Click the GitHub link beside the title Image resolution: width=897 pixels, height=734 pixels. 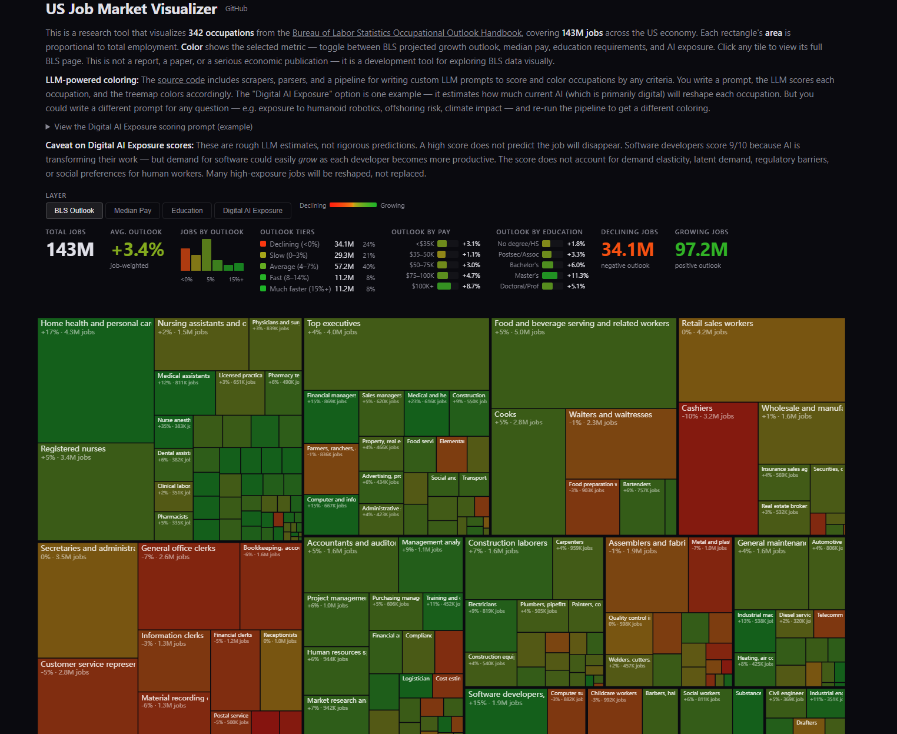tap(236, 9)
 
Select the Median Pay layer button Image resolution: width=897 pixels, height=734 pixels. tap(132, 211)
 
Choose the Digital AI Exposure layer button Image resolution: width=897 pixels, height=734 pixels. tap(253, 211)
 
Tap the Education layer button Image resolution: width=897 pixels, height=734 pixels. tap(187, 211)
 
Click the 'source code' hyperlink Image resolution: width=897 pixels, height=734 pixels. tap(181, 80)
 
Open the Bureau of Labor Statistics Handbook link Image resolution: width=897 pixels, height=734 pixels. tap(407, 33)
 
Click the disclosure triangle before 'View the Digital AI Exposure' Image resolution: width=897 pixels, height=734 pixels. tap(48, 127)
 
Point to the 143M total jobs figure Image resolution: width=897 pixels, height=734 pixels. tap(70, 250)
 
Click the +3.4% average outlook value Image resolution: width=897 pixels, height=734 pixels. tap(138, 250)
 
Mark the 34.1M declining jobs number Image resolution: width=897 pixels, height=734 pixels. tap(627, 250)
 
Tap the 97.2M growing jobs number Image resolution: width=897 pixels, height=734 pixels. tap(701, 250)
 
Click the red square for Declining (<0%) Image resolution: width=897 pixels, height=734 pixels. tap(263, 244)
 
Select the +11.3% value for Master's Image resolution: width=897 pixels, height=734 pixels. tap(577, 275)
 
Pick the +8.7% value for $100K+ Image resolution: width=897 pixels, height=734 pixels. tap(471, 286)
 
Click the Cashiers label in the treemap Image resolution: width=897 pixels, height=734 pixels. tap(697, 408)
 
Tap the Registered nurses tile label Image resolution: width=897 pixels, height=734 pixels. tap(73, 449)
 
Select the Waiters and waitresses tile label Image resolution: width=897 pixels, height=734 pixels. tap(610, 414)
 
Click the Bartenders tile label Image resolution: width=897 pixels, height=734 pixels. tap(637, 484)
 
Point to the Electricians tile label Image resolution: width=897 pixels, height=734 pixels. tap(482, 605)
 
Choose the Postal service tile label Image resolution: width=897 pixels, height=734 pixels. tap(231, 716)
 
